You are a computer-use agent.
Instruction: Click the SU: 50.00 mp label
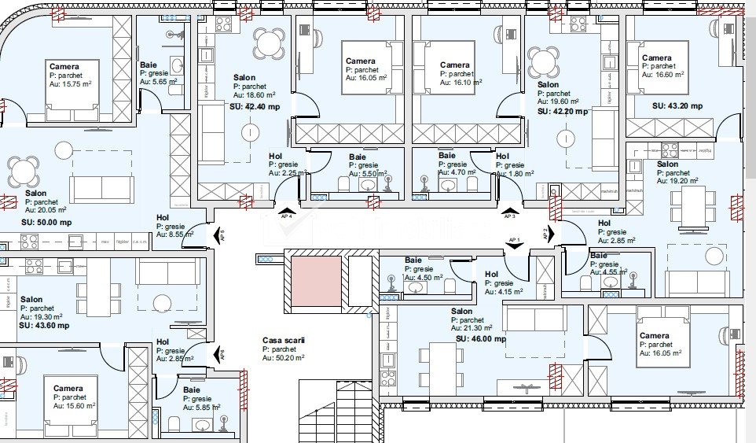point(46,223)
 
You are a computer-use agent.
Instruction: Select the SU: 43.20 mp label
point(677,105)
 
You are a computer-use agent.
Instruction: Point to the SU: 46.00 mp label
point(479,339)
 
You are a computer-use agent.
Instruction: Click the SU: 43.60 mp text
point(44,325)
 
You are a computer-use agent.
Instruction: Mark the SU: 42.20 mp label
point(563,112)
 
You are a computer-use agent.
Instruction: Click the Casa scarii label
point(283,340)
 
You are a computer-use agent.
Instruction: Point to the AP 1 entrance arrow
point(515,245)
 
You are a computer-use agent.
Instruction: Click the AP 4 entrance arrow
point(287,208)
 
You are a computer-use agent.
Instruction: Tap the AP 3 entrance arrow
point(509,208)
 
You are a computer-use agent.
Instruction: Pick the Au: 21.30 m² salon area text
point(472,329)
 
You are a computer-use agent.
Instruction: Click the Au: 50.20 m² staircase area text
point(284,357)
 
